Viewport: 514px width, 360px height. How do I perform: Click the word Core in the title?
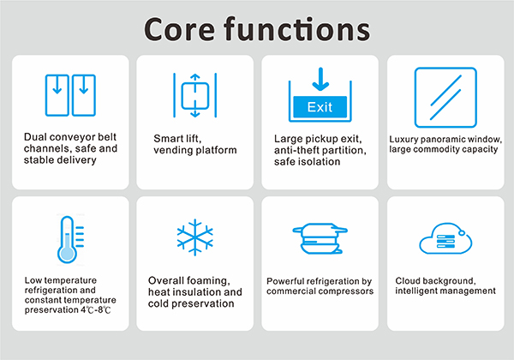pos(179,29)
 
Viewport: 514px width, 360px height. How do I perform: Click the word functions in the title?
pos(297,29)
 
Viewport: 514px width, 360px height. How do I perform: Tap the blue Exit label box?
pos(320,107)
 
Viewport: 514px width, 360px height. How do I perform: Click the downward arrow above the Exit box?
pos(320,80)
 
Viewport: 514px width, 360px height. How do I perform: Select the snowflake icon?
pos(195,237)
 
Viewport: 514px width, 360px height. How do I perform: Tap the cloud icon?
pos(445,238)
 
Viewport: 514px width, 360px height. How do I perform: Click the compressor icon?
pos(320,238)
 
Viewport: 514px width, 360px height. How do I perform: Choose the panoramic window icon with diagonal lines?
pos(445,98)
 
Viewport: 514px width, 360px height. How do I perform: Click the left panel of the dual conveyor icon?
pos(57,95)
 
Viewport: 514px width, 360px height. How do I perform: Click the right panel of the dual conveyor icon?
pos(84,95)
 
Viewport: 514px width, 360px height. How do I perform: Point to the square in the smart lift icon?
pos(195,96)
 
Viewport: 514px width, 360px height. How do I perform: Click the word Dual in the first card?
pos(36,137)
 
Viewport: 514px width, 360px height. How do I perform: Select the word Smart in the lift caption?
pos(167,139)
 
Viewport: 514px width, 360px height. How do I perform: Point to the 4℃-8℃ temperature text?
pos(96,309)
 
